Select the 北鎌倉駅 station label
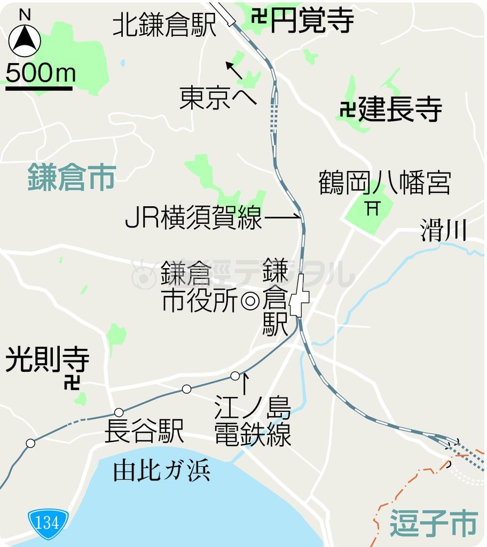click(x=164, y=25)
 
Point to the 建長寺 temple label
click(x=400, y=110)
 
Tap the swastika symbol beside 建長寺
click(x=347, y=110)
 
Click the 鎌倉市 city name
click(x=72, y=177)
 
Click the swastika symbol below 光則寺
click(x=72, y=382)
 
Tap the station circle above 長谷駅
click(x=119, y=412)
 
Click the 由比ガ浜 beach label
click(x=161, y=471)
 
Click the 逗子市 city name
click(x=433, y=522)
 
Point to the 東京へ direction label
click(x=217, y=98)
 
